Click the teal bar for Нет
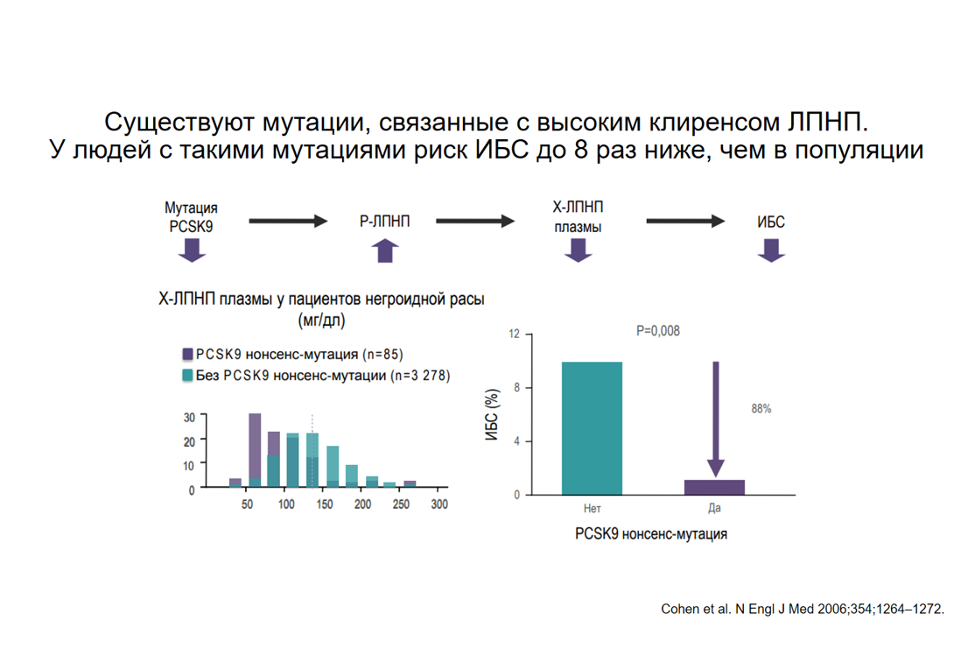pyautogui.click(x=592, y=428)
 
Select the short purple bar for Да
pyautogui.click(x=714, y=487)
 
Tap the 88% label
pyautogui.click(x=761, y=409)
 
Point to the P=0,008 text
pyautogui.click(x=657, y=331)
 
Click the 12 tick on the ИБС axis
pyautogui.click(x=514, y=335)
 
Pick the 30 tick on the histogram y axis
pyautogui.click(x=189, y=418)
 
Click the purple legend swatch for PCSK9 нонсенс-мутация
pyautogui.click(x=187, y=355)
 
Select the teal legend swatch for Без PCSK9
pyautogui.click(x=187, y=375)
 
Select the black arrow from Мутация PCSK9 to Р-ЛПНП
pyautogui.click(x=287, y=222)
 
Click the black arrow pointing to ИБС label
pyautogui.click(x=686, y=222)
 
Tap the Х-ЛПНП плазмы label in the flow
pyautogui.click(x=578, y=215)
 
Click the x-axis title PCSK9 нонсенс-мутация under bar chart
pyautogui.click(x=651, y=533)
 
